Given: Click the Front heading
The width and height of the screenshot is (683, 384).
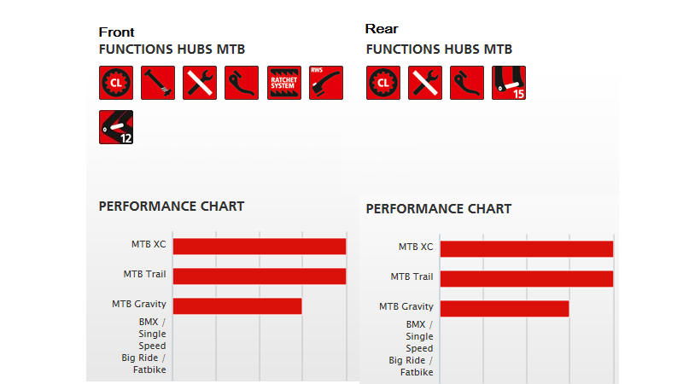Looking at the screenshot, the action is pos(116,32).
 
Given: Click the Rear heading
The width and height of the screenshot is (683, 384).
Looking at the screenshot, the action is pos(382,29).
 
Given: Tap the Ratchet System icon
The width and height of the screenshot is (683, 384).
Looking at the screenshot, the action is pos(284,83).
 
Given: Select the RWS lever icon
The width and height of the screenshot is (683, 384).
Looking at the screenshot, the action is pos(326,83).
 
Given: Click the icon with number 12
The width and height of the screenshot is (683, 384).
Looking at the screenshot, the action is pos(116,127).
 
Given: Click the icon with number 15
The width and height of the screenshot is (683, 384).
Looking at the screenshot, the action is pos(509,83).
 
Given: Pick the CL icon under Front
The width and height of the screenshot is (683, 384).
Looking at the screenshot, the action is pos(116,83).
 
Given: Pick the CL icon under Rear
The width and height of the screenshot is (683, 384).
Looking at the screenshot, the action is pos(383,83).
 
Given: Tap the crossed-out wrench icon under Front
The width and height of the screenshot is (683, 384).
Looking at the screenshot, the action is pos(200,83).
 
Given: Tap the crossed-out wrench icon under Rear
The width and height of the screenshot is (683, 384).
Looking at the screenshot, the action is pos(425,83).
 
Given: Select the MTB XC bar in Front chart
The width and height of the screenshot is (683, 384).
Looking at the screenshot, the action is pos(260,247).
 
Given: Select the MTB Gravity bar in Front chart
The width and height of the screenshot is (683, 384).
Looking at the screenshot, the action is pos(237,306).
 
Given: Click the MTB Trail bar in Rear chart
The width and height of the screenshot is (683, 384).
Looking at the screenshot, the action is pos(527,279).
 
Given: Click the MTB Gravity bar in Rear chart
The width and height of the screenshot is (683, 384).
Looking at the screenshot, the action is pos(505,309).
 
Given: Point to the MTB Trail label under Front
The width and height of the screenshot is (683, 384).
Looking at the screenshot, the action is pos(144,274).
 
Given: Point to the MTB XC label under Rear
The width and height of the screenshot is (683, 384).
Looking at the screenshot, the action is pos(416,247).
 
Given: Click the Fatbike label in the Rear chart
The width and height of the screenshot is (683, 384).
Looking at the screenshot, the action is pos(417,372).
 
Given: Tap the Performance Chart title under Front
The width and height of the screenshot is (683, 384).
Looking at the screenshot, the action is pos(172,207).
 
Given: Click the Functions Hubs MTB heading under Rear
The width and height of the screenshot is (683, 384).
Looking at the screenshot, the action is pos(439,49).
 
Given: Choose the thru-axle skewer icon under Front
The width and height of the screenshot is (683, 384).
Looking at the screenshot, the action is pos(158,83).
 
